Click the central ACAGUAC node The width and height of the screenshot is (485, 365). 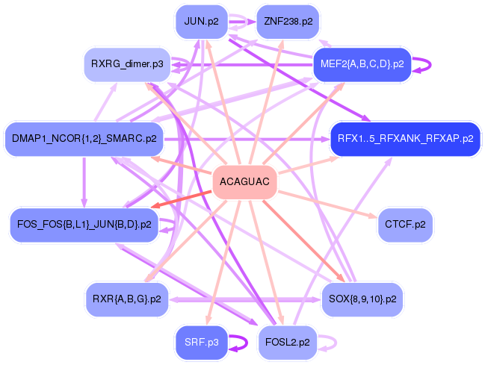[244, 181]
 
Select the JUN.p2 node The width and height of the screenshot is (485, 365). [201, 22]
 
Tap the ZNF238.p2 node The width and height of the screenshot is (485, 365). [288, 22]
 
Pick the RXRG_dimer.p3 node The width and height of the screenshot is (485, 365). [127, 64]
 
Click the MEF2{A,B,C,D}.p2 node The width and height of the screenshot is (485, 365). [362, 64]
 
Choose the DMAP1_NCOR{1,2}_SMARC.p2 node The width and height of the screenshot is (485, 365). [84, 139]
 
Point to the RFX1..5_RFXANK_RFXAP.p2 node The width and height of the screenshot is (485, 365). [406, 139]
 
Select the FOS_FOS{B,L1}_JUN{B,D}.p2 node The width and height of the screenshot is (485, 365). [84, 225]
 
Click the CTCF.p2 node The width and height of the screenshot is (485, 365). [405, 225]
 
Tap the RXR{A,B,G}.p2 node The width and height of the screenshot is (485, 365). [127, 299]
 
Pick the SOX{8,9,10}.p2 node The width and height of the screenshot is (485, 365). [362, 299]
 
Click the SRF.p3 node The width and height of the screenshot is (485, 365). [201, 343]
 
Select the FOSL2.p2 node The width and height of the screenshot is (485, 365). [288, 343]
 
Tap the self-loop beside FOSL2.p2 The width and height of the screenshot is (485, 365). [336, 343]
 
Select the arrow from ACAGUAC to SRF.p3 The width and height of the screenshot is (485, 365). [221, 263]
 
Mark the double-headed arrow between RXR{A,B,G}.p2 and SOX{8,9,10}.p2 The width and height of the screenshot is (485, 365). [245, 300]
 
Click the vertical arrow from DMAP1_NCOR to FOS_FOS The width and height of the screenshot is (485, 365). [84, 182]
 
